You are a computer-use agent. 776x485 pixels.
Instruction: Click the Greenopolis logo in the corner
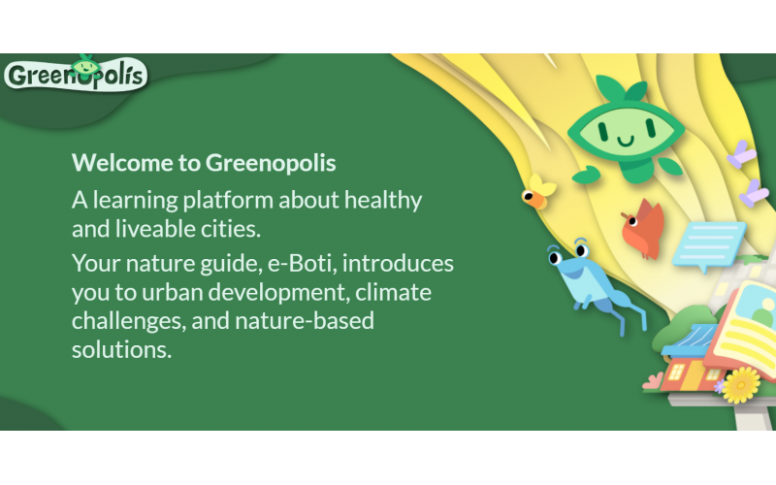(77, 75)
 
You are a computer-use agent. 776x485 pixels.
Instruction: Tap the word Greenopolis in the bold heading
(271, 164)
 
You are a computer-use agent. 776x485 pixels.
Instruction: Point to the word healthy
(383, 201)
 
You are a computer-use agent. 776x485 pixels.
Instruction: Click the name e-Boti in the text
(303, 263)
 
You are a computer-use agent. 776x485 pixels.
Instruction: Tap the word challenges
(129, 322)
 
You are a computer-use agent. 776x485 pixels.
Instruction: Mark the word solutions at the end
(122, 350)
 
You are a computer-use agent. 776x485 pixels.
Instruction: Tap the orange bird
(642, 229)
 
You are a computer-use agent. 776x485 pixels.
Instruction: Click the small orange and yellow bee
(537, 192)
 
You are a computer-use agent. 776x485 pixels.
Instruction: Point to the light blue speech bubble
(708, 245)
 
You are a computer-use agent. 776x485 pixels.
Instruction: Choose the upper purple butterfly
(741, 154)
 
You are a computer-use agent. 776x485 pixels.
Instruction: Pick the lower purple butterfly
(754, 193)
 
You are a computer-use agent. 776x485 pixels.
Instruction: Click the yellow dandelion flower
(740, 385)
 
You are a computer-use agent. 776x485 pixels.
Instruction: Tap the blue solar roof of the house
(691, 340)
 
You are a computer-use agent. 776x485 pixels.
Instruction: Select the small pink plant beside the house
(652, 381)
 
